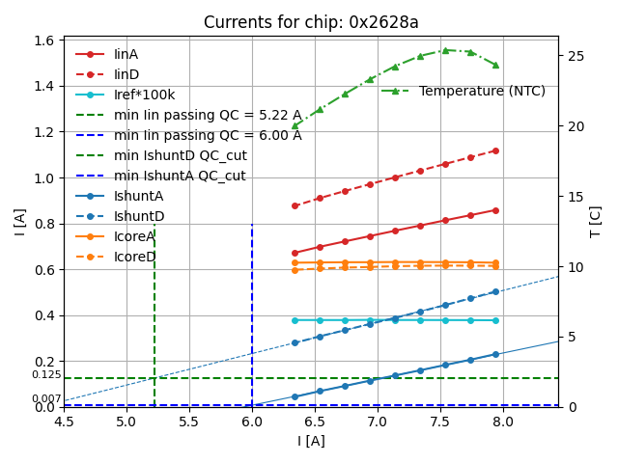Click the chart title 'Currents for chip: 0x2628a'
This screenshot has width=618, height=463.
coord(311,22)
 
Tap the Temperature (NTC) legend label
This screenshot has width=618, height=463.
coord(482,92)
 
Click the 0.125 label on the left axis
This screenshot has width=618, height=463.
coord(45,374)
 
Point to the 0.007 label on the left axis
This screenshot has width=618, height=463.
coord(45,398)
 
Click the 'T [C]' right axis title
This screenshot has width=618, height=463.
coord(595,222)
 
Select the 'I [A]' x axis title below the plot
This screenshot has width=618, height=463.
coord(311,441)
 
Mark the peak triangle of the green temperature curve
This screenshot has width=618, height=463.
coord(445,50)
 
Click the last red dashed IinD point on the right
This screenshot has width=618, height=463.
coord(495,150)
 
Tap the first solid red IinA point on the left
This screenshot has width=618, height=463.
coord(295,253)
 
